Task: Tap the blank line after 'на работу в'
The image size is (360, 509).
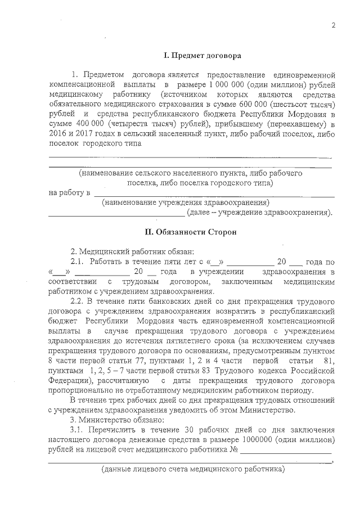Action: point(214,195)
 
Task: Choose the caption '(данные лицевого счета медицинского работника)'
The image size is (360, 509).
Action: point(193,470)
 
